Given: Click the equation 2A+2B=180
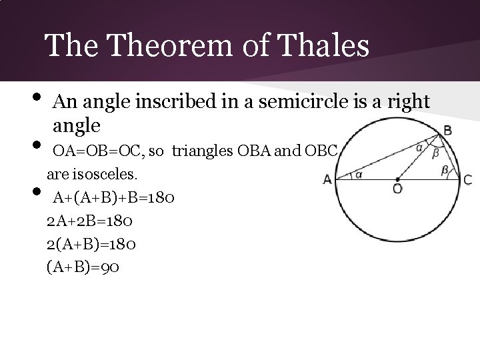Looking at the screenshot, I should (x=92, y=221).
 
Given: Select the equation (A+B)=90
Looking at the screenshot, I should (x=83, y=267).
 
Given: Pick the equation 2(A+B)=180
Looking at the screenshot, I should (x=92, y=244).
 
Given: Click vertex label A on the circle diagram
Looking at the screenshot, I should (x=327, y=179).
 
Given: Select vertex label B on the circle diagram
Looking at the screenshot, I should (x=447, y=131).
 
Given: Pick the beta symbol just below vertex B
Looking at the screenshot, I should (x=435, y=152).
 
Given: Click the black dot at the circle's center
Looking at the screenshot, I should (x=397, y=179).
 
